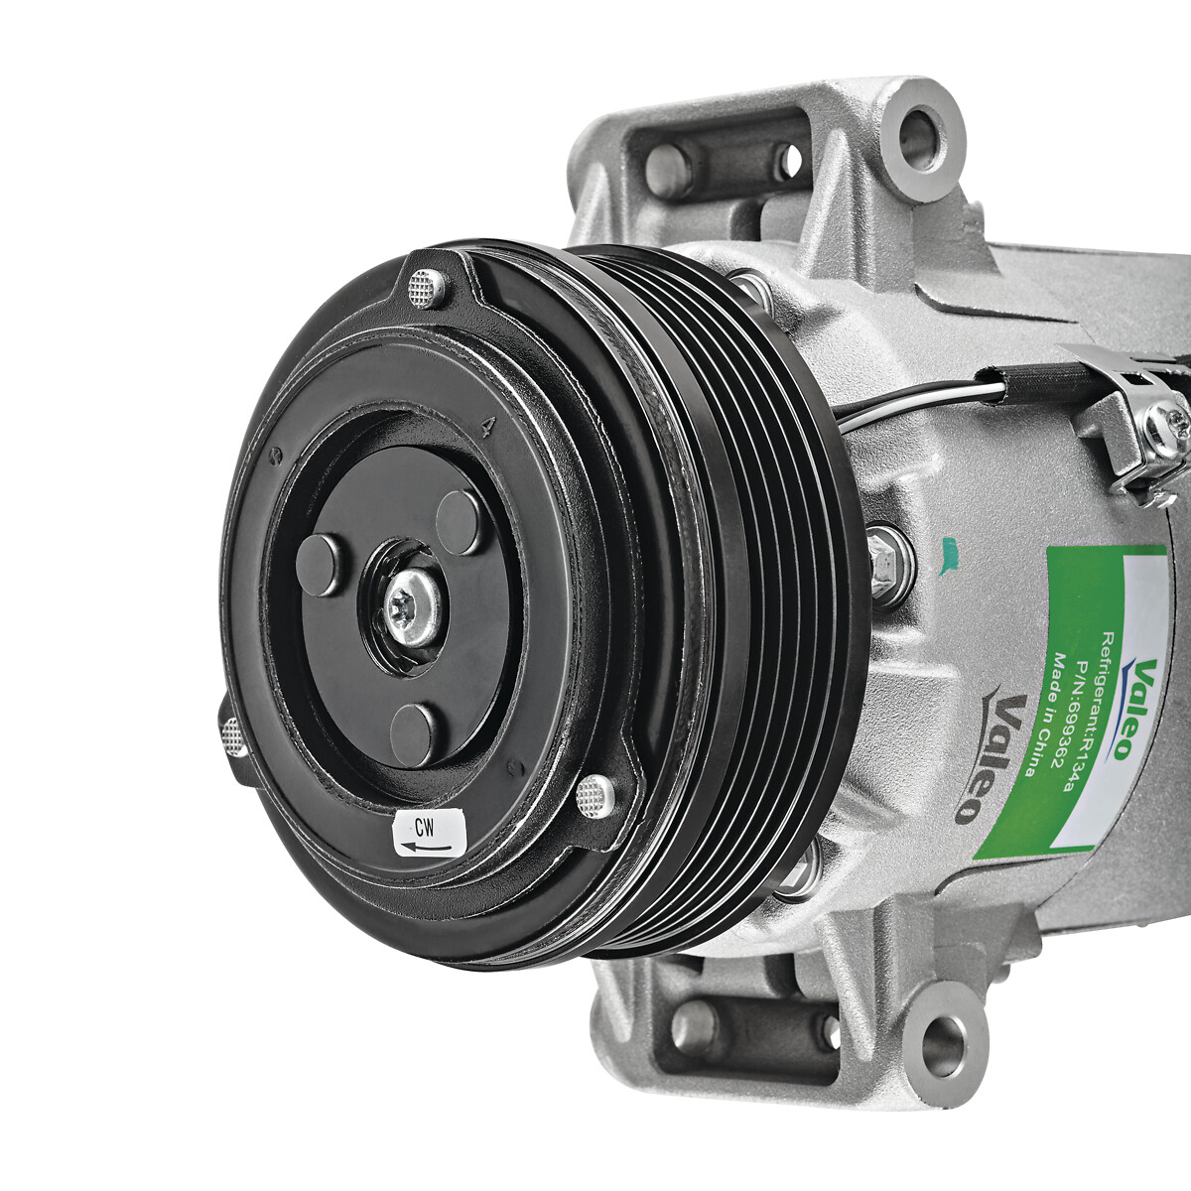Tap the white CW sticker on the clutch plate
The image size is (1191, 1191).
tap(429, 832)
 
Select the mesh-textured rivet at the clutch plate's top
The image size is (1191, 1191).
tap(427, 288)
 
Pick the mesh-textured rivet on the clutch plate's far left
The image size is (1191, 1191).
tap(233, 735)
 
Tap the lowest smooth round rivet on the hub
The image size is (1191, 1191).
tap(414, 733)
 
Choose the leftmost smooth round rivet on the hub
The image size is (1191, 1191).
tap(321, 565)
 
